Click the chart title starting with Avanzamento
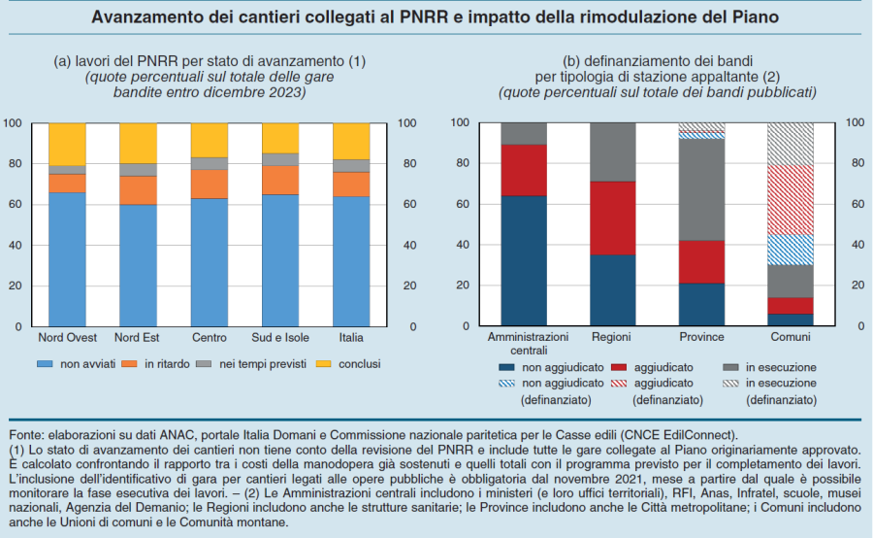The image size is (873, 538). (436, 17)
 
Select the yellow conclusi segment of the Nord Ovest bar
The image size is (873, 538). (67, 144)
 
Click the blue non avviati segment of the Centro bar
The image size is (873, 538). (210, 262)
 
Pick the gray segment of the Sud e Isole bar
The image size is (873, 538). (280, 160)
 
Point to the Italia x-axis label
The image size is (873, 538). (351, 338)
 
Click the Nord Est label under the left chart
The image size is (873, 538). (138, 338)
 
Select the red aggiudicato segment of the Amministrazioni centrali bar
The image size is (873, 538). (524, 170)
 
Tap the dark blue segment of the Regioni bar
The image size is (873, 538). (613, 290)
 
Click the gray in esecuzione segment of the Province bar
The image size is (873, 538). (702, 189)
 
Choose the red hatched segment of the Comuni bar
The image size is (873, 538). (792, 200)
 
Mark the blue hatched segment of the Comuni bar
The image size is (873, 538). (792, 250)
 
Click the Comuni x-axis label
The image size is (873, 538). (792, 337)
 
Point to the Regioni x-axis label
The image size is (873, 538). (613, 337)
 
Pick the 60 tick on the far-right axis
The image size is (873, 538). (855, 204)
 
